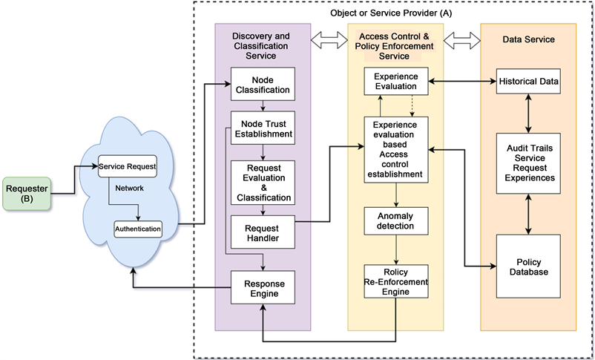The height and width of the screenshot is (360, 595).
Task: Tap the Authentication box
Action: pyautogui.click(x=138, y=229)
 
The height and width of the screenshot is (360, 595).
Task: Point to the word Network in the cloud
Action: pyautogui.click(x=130, y=188)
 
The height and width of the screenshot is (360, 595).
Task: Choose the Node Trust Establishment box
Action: pyautogui.click(x=261, y=128)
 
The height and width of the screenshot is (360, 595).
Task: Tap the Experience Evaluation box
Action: pyautogui.click(x=395, y=81)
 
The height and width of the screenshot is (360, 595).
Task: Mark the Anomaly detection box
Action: pyautogui.click(x=395, y=220)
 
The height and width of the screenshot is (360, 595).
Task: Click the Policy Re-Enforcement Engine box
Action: pyautogui.click(x=395, y=281)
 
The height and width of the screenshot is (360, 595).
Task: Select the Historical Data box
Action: pyautogui.click(x=528, y=80)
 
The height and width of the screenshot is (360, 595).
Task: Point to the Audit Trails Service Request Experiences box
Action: pyautogui.click(x=528, y=164)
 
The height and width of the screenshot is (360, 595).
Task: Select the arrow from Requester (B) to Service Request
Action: pyautogui.click(x=74, y=180)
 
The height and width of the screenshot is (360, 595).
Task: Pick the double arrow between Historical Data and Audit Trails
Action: pyautogui.click(x=528, y=114)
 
